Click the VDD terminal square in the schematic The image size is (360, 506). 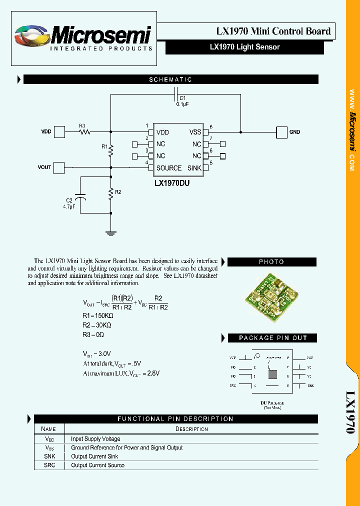coord(59,132)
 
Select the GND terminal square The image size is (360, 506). coord(282,132)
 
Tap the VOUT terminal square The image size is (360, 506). coord(59,167)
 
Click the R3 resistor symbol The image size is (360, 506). coord(85,132)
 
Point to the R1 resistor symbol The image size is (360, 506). coord(111,149)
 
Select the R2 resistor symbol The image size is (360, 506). coord(111,193)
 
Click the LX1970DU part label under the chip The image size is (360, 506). coord(172,183)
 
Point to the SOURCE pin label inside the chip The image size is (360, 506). coord(168,168)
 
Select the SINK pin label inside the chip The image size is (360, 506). coord(194,168)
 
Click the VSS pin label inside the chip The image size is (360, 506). coord(195,132)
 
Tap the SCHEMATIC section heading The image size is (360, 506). coord(170,79)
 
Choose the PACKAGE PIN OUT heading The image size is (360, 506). coord(272,338)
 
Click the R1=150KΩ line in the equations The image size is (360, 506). coord(98,316)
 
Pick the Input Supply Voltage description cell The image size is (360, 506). coord(95,439)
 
